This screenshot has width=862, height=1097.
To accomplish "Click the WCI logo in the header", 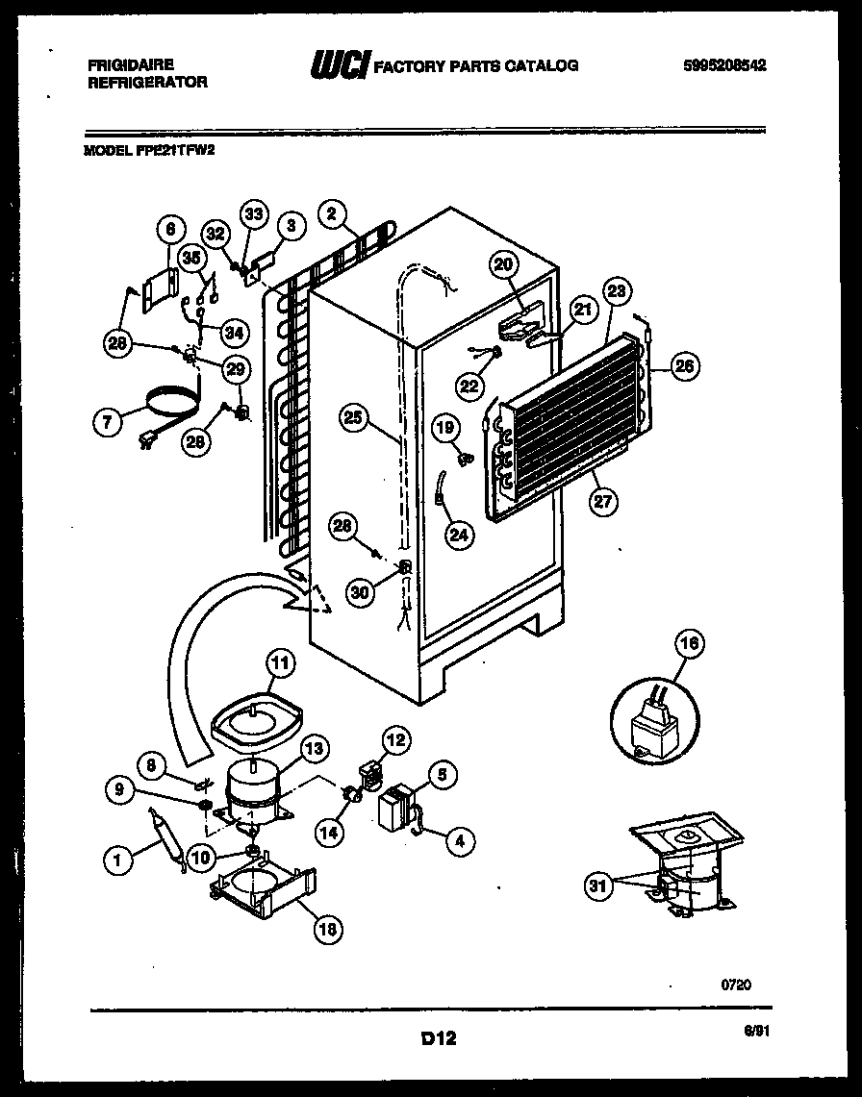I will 339,65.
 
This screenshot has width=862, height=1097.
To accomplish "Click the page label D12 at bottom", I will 437,1038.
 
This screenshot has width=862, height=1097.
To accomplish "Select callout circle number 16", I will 692,644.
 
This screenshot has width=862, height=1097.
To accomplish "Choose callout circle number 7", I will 109,420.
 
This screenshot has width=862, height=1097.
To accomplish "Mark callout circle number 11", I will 278,661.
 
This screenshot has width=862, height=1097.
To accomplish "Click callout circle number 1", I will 118,862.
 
